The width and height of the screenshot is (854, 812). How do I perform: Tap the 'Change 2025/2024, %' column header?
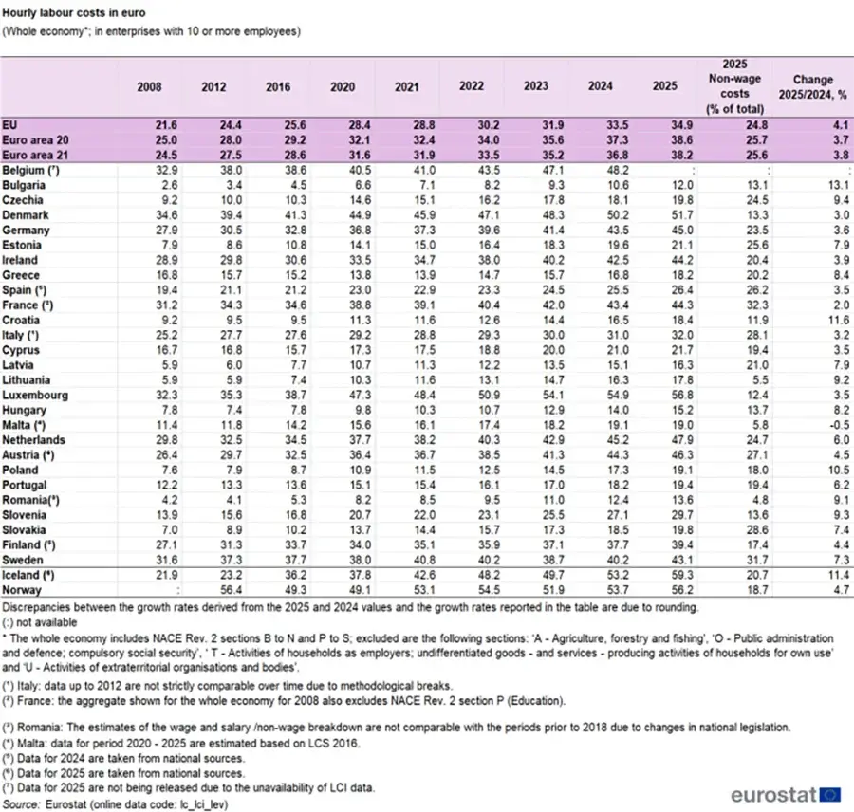coord(813,85)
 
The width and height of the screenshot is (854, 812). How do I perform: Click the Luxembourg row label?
coord(33,395)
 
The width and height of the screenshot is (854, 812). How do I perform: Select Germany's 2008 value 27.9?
coord(149,230)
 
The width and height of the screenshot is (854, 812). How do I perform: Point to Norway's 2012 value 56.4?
coord(213,589)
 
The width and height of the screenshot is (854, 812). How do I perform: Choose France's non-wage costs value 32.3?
coord(743,305)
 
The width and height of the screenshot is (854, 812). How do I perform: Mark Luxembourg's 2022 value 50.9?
coord(472,395)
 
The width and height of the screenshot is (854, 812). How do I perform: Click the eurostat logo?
coord(785,793)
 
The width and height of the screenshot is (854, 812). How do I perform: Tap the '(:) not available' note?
coord(44,619)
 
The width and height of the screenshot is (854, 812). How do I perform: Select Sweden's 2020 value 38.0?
coord(342,560)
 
